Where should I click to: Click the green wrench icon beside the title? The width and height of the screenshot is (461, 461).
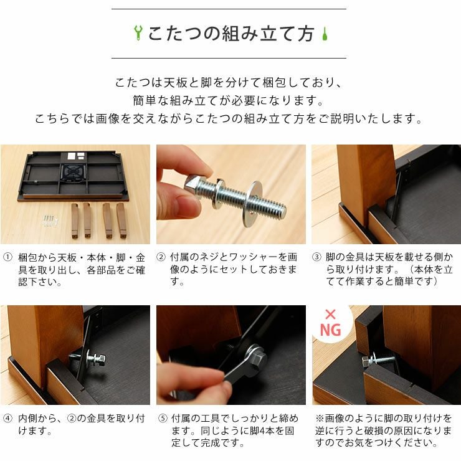pos(138,32)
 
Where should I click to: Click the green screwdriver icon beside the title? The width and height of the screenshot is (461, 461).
pos(325,34)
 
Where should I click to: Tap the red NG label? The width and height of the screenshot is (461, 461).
pos(330,330)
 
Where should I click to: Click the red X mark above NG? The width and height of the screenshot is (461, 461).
pos(330,315)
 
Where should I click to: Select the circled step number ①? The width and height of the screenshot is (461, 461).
pos(7,257)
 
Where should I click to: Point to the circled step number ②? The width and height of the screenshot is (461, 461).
pos(161,257)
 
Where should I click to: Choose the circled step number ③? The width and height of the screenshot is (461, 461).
pos(316,257)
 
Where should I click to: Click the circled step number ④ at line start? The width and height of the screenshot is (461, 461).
pos(7,418)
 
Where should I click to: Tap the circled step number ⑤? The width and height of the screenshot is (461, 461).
pos(163,418)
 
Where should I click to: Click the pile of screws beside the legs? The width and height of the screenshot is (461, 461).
pos(50,221)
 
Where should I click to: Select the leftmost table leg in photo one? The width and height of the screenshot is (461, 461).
pos(75,220)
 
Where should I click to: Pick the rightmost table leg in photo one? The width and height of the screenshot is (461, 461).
pos(121,220)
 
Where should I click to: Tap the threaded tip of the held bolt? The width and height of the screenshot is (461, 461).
pos(282,210)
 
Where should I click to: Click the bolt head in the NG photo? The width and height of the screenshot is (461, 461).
pos(366,361)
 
